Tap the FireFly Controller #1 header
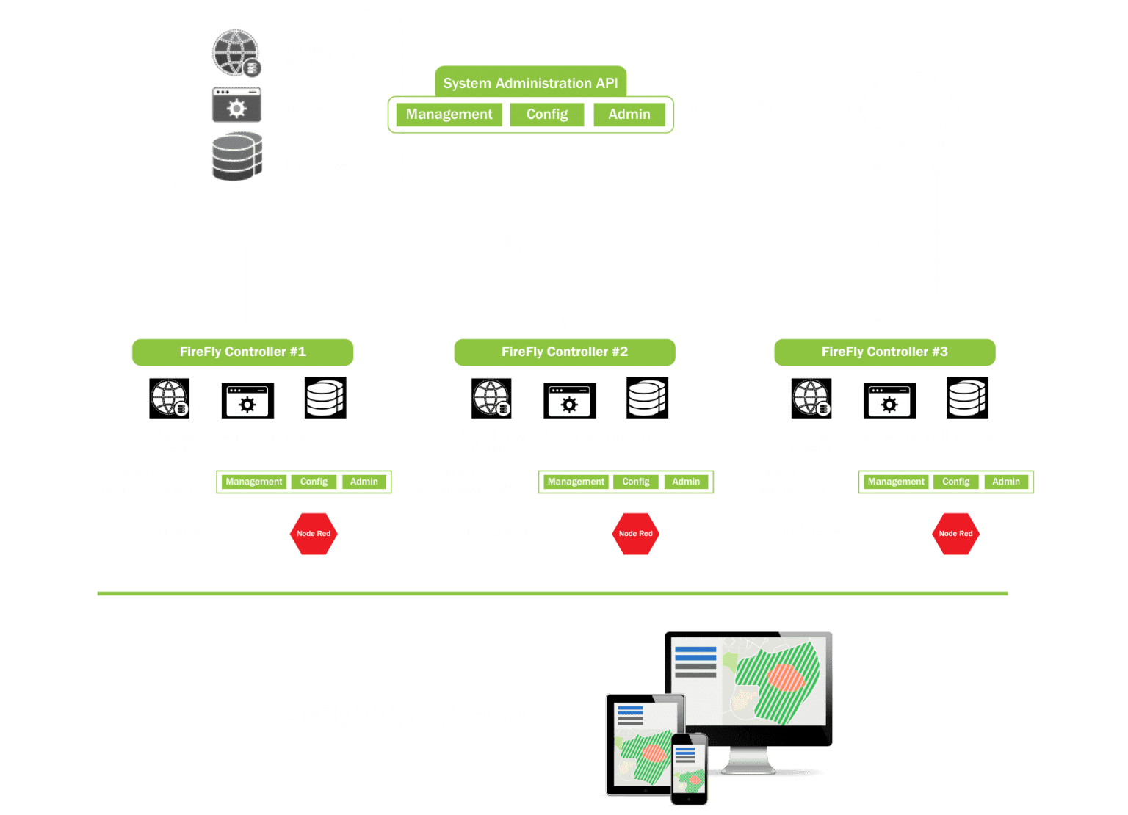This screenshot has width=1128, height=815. coord(242,352)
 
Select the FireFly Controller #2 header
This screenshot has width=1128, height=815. coord(564,352)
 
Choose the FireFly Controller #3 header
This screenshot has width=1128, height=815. coord(884,352)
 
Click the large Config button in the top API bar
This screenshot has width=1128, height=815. coord(547,115)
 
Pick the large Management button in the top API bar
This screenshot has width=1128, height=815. coord(449,115)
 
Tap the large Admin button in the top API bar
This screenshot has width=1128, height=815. coord(629,115)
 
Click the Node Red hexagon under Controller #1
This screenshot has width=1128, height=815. coord(314,534)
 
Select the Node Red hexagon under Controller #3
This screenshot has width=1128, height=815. coord(955,534)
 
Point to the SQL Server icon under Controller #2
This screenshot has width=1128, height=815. coord(647,398)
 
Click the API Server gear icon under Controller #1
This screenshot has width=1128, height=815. coord(247,401)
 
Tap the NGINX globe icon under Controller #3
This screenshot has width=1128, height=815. coord(811,398)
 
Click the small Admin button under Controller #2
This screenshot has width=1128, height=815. coord(686,482)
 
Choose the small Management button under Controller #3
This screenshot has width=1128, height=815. coord(896,482)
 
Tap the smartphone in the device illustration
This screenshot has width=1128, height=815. coord(690,767)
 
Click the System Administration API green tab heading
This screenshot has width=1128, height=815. coord(530,83)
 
